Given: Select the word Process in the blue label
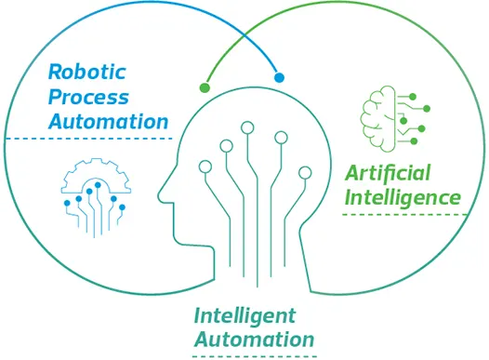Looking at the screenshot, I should click(88, 96).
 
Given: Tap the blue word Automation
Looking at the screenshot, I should click(109, 121).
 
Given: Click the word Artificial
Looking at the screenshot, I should click(389, 173).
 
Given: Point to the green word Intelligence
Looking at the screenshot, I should click(403, 197).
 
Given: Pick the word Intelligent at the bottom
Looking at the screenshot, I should click(245, 314).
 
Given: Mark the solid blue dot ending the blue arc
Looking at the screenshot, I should click(279, 77).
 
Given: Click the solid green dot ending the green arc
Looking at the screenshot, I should click(205, 88).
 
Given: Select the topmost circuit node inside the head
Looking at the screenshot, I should click(247, 127).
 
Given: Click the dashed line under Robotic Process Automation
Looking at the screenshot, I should click(89, 140).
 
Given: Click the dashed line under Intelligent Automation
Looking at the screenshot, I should click(254, 355).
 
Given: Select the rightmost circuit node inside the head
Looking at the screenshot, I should click(304, 172).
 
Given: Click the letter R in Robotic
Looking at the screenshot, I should click(54, 71).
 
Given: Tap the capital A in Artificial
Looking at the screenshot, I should click(351, 173).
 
